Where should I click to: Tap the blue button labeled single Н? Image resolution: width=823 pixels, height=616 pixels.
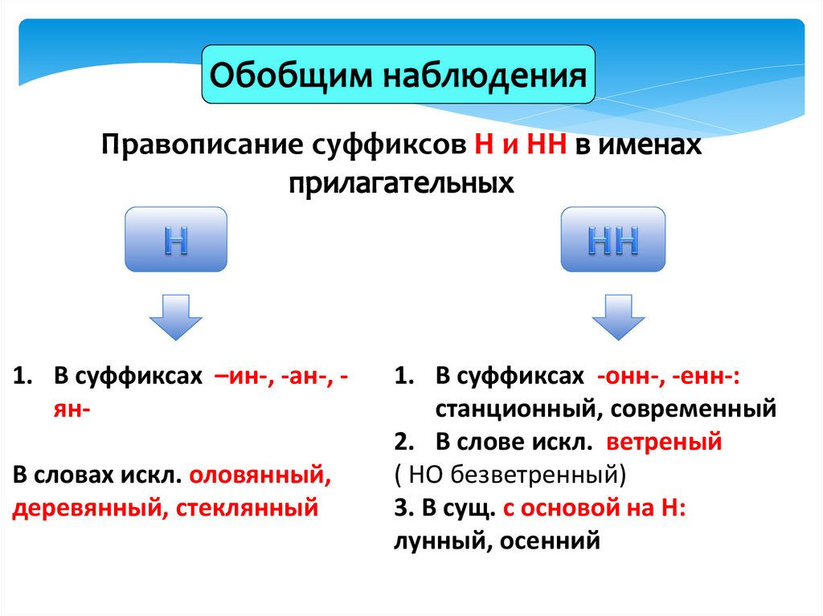[x=176, y=239]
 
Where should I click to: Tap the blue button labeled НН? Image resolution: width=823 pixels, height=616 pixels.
[x=613, y=239]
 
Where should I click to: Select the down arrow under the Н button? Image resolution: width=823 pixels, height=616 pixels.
[x=176, y=317]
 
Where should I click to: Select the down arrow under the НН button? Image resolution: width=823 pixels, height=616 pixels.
[x=618, y=317]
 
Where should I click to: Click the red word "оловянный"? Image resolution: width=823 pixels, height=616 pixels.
[x=260, y=475]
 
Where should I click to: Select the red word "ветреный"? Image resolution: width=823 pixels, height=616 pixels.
[x=665, y=442]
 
